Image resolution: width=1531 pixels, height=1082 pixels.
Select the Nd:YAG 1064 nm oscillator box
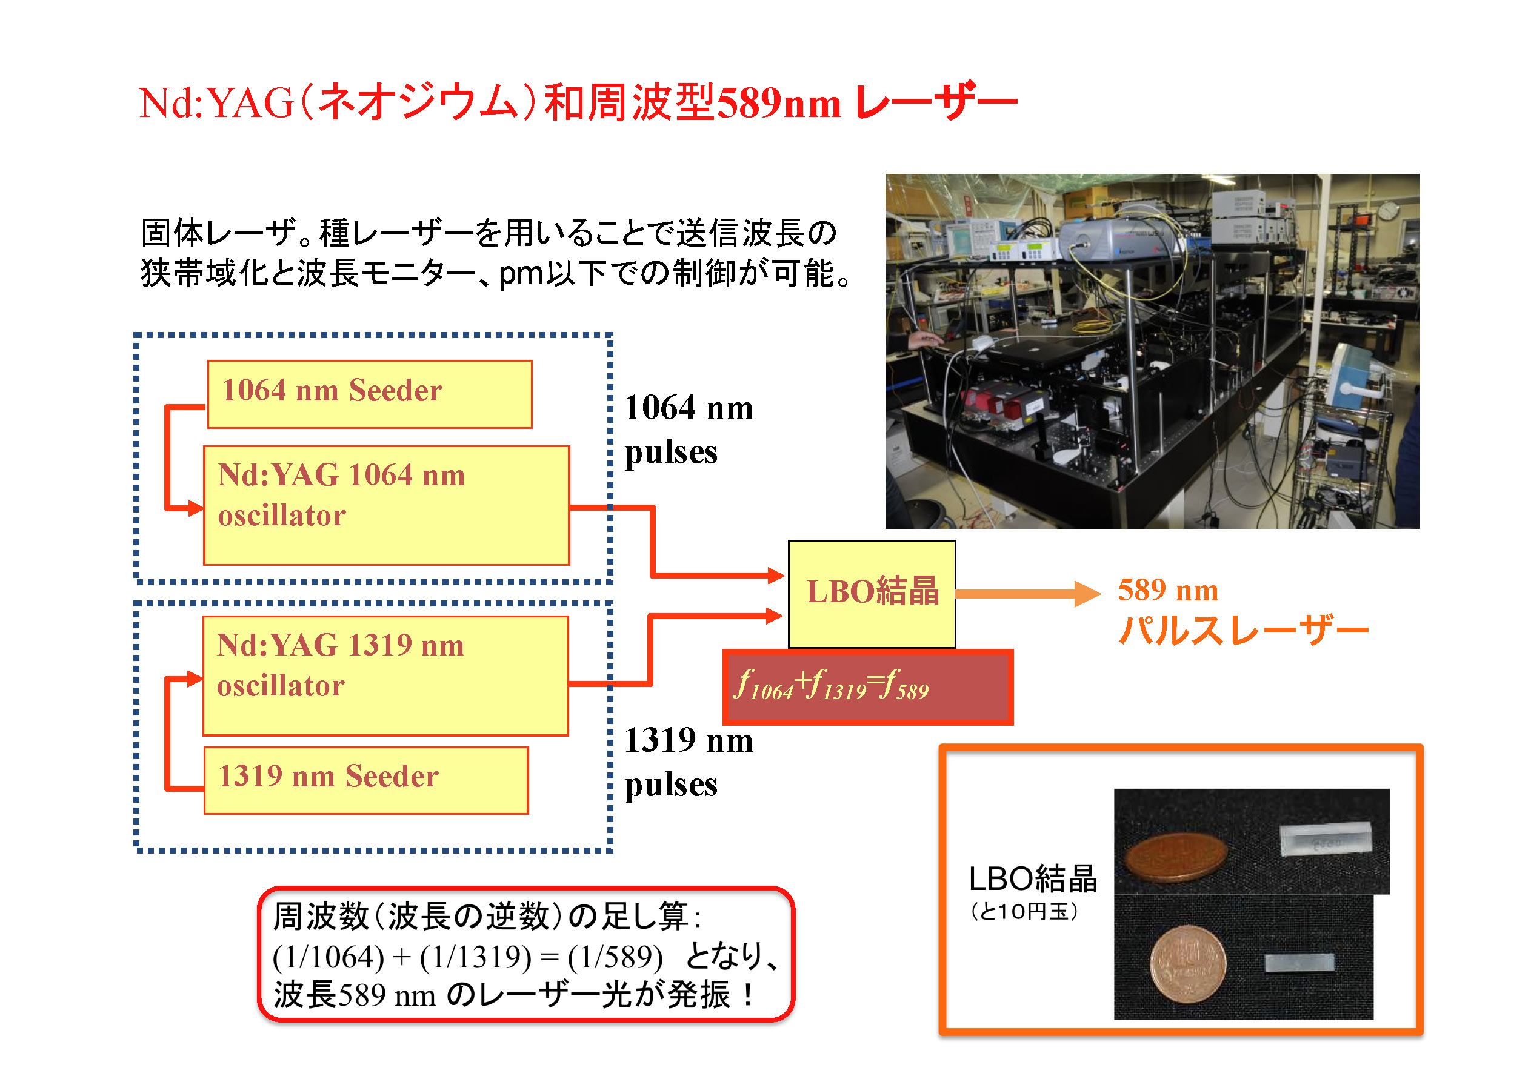tap(386, 505)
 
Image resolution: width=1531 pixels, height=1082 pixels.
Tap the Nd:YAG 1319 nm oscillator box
tap(385, 675)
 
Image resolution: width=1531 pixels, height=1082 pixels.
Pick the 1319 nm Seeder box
tap(366, 780)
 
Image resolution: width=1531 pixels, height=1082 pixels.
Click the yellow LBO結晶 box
tap(872, 593)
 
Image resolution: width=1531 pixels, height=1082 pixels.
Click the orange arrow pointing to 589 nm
tap(1027, 593)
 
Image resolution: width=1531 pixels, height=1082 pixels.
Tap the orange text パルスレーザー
tap(1243, 630)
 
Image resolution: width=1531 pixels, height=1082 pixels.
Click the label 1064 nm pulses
tap(688, 430)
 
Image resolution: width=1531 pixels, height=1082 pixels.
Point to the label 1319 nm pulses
tap(688, 762)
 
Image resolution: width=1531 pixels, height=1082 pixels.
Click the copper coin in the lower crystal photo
tap(1187, 963)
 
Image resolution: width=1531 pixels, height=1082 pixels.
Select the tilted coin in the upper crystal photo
tap(1176, 858)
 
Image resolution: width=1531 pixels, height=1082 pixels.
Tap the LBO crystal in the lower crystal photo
tap(1299, 963)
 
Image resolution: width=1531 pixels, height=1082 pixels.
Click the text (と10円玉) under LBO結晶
tap(1024, 911)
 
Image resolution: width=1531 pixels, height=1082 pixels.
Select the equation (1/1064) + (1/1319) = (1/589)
tap(467, 957)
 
